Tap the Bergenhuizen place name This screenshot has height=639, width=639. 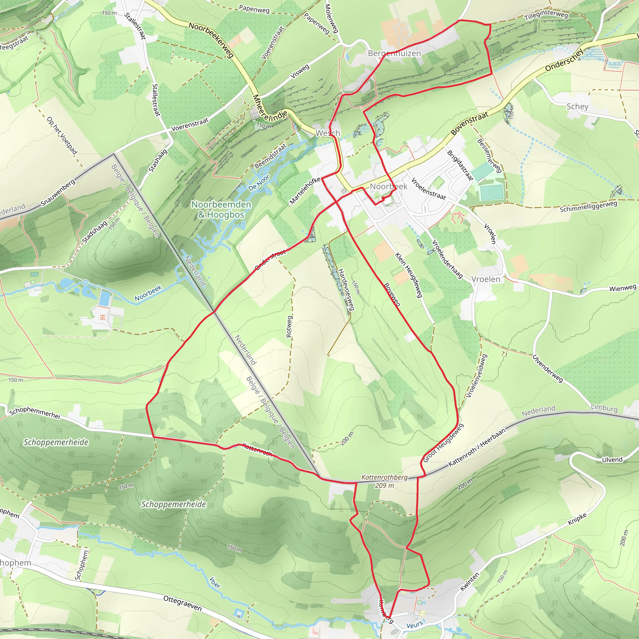click(x=394, y=53)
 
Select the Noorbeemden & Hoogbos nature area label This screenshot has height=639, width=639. click(x=221, y=209)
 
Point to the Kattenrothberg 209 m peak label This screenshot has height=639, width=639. click(x=384, y=481)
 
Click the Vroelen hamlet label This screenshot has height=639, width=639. click(x=485, y=279)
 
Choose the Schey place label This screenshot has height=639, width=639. click(x=577, y=106)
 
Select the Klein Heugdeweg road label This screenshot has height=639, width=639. click(x=408, y=275)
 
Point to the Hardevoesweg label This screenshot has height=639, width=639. click(x=346, y=290)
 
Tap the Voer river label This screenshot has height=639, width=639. click(x=215, y=583)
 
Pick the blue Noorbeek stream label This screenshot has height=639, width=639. click(x=148, y=293)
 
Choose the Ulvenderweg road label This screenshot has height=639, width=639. click(x=547, y=369)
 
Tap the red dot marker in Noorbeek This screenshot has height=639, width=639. click(x=383, y=198)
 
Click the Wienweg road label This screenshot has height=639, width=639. click(x=622, y=288)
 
